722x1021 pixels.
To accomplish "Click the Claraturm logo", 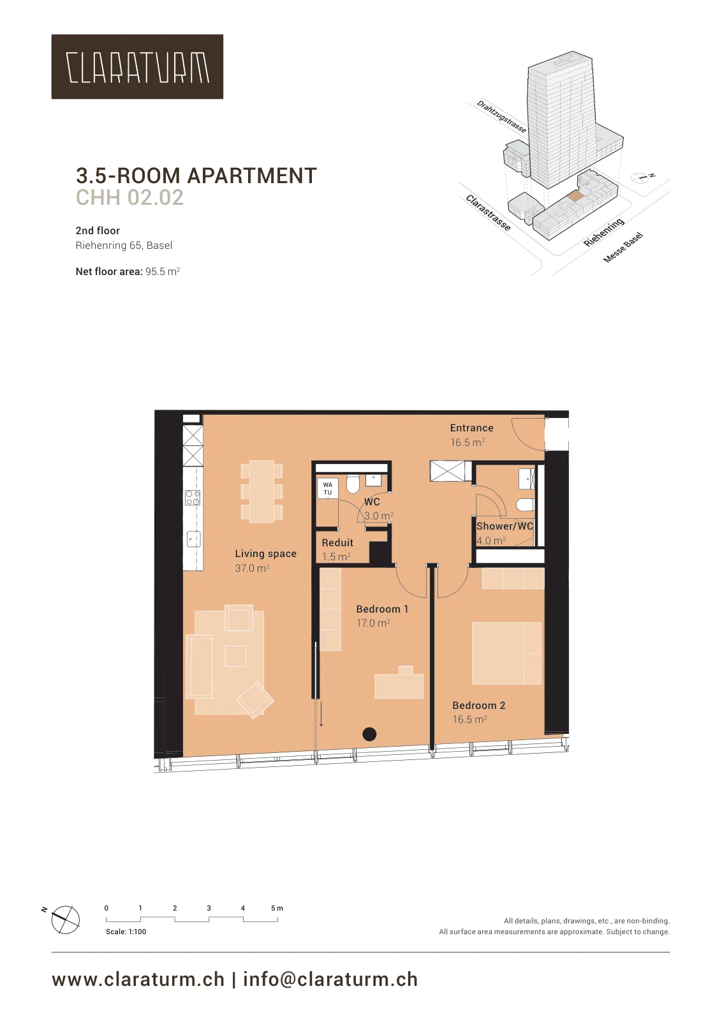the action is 137,66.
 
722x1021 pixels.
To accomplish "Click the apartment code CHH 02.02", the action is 130,197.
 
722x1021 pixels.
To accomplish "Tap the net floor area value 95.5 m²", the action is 163,272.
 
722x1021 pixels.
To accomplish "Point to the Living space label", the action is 265,554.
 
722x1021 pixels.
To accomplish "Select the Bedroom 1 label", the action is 382,609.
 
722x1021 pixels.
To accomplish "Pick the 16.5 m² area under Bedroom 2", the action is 469,719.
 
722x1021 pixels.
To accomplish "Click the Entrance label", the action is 471,428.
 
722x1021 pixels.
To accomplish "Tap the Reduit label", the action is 337,543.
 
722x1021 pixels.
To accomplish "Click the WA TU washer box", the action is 328,489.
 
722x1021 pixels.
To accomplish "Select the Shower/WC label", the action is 505,526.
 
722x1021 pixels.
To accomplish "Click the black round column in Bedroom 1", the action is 369,734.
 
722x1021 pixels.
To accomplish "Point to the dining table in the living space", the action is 262,491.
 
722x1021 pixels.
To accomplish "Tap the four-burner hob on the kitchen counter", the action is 193,498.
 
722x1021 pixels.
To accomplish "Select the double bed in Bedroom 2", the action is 506,653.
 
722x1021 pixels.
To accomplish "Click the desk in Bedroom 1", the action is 399,684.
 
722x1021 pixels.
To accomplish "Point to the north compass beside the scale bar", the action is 65,920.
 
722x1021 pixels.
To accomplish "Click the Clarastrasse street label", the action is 488,213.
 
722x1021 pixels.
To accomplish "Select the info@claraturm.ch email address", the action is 330,980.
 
